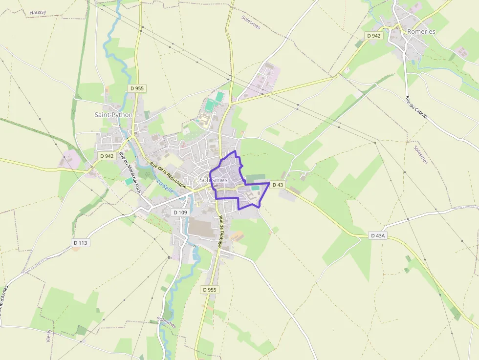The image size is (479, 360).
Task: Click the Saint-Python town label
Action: coord(113,115)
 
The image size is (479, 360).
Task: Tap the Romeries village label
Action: coord(421,31)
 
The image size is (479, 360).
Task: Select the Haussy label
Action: coord(37,12)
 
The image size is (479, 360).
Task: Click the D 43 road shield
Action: coord(278,185)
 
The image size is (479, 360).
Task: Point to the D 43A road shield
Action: coord(378,235)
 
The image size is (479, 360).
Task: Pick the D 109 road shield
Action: coord(180,212)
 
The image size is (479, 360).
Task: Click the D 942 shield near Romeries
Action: coord(373,36)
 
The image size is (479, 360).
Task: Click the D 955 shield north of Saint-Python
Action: coord(137,88)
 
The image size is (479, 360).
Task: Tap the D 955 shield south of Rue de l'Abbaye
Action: coord(210,290)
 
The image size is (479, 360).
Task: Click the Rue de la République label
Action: coord(169,175)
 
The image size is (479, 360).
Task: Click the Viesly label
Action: coord(49,336)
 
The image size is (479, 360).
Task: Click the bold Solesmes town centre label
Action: coord(214,180)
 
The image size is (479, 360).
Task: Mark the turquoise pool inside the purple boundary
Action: coord(255,188)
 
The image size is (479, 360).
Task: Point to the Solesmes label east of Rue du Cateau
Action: coord(421,155)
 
